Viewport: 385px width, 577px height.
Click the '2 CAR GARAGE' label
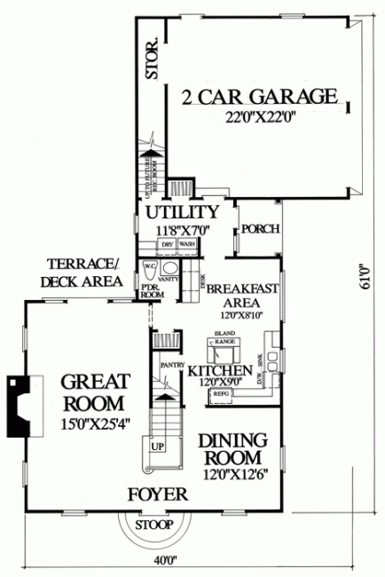[260, 95]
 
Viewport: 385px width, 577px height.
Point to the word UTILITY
[182, 212]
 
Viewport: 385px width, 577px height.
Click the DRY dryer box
[167, 242]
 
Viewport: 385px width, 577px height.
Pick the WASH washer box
[186, 242]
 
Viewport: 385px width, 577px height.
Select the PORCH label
[261, 229]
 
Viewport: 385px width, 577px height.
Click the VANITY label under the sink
[169, 279]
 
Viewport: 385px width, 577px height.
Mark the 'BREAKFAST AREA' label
[243, 294]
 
